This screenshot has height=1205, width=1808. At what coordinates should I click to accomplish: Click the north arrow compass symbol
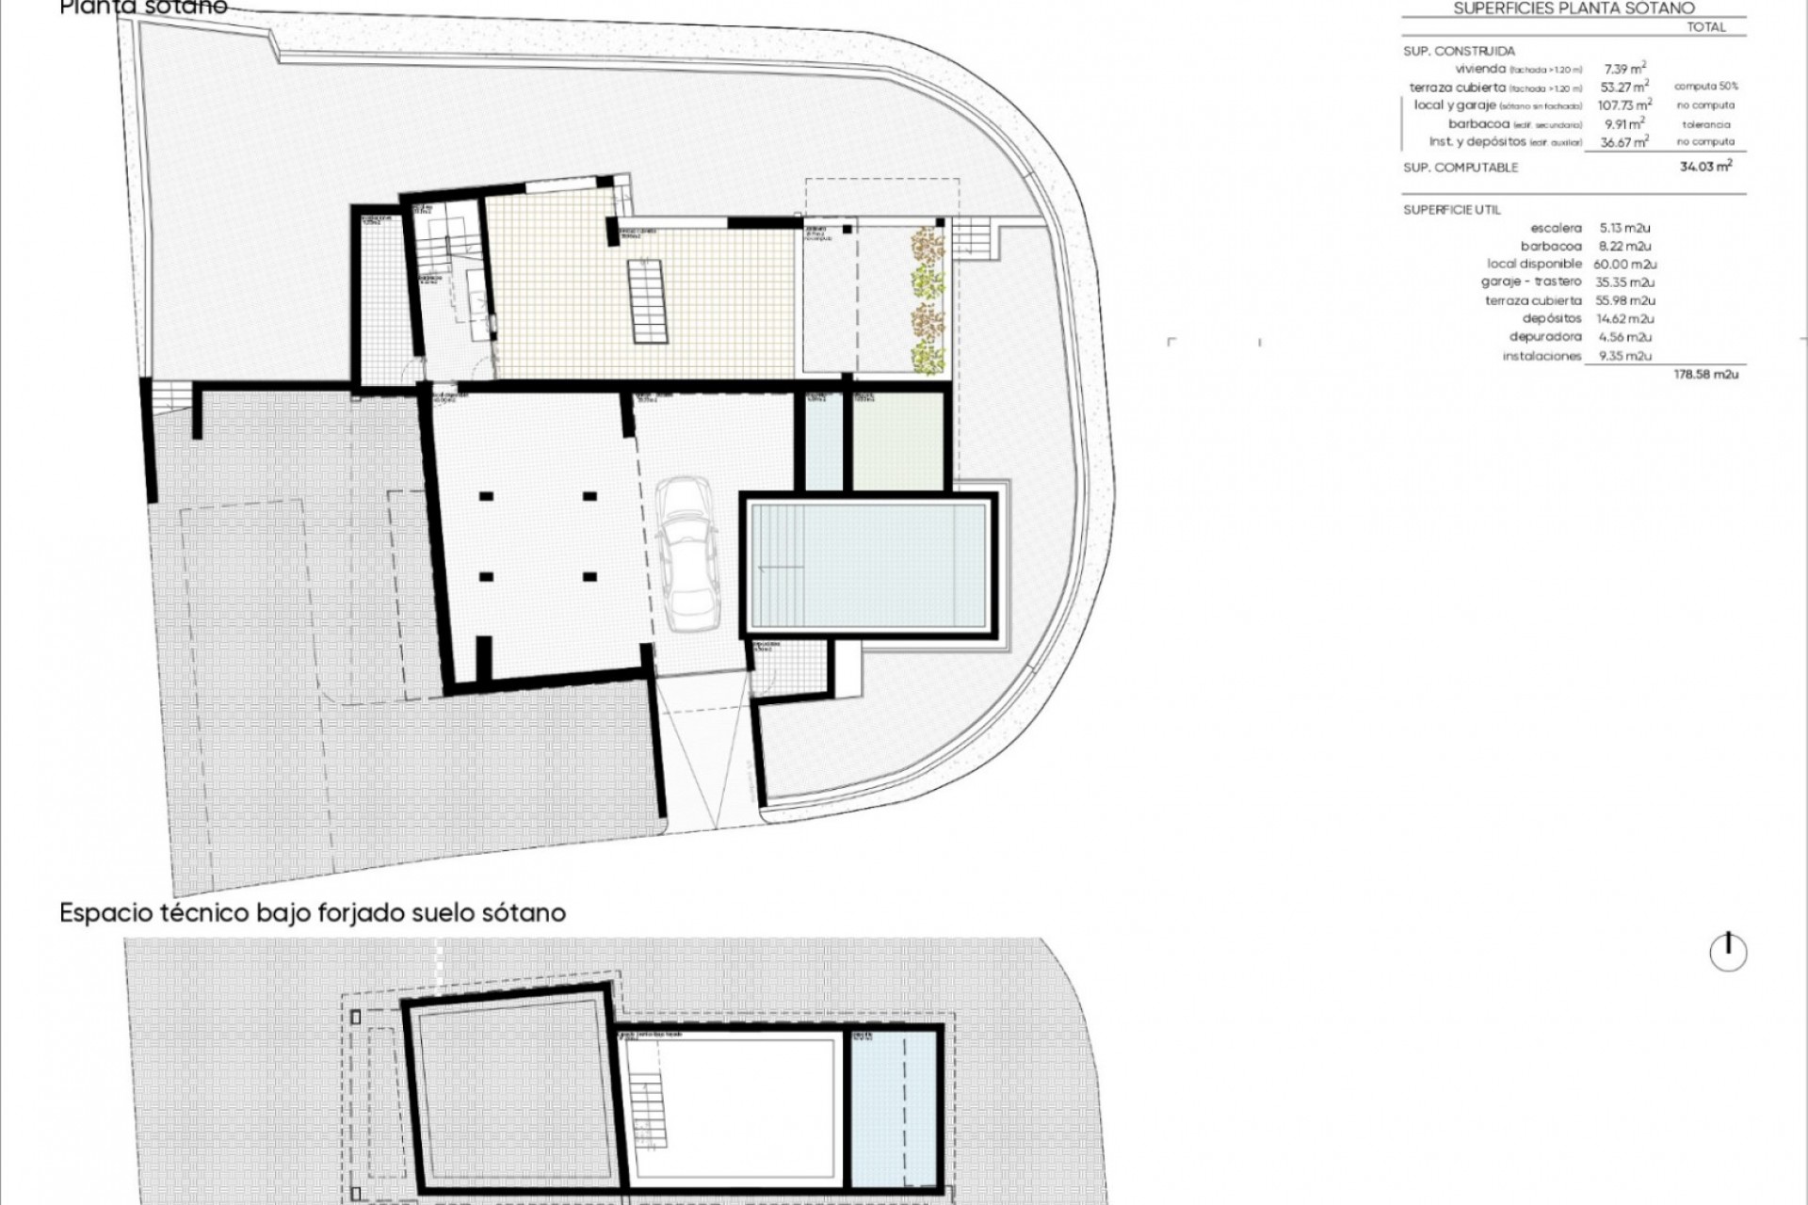1728,952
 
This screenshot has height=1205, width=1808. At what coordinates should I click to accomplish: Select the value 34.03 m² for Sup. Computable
1704,167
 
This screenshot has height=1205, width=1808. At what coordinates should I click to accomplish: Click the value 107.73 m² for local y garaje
1624,105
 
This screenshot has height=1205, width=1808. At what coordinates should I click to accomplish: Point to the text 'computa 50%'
1704,87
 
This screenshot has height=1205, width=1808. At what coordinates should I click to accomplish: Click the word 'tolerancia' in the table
1705,124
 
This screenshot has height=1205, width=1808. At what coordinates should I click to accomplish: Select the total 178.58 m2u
1705,375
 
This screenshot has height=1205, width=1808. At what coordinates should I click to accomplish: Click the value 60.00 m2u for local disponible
1624,265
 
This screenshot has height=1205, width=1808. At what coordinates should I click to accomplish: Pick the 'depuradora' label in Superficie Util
1545,337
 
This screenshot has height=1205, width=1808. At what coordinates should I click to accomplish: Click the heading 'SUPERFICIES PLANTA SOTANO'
1574,8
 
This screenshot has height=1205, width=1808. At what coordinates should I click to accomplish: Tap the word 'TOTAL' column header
1706,27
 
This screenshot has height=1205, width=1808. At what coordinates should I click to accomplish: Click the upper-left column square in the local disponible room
486,496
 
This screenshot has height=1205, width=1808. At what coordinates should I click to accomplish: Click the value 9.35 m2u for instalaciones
1624,356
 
